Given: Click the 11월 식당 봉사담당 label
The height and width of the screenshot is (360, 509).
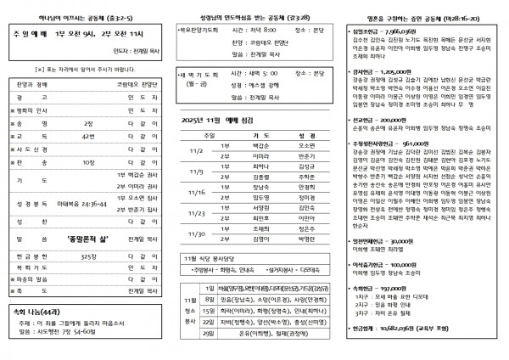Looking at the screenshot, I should pos(212,256).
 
